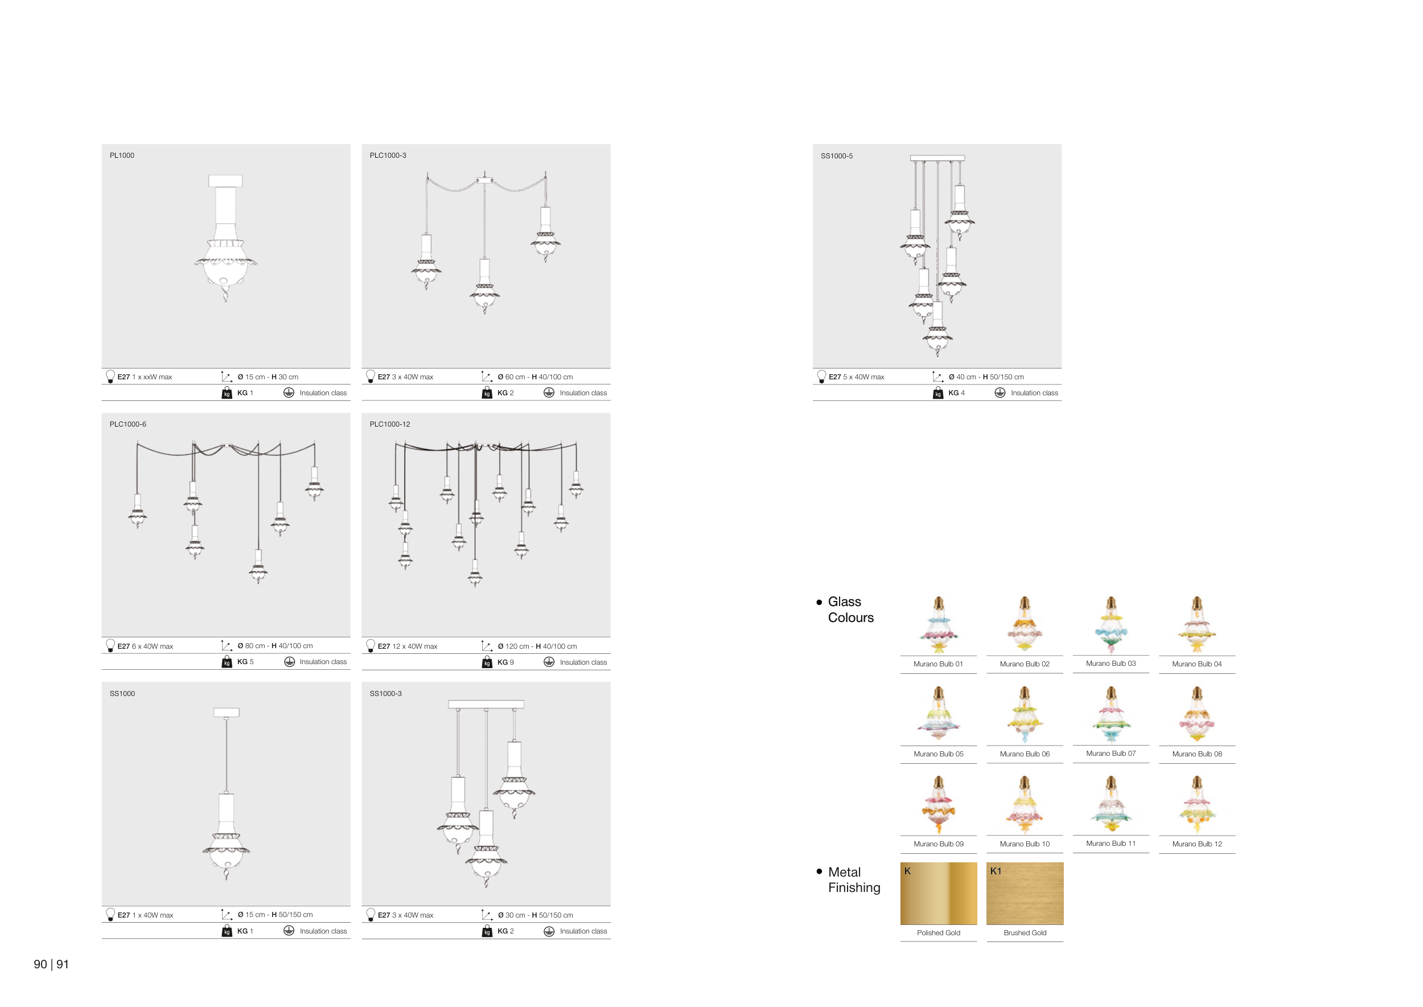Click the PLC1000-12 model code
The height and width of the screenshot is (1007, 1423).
tap(390, 424)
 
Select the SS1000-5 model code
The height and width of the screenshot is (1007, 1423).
tap(837, 156)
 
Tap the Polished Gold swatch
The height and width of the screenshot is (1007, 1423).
tap(939, 894)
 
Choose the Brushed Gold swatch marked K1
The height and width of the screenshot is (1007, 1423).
tap(1025, 894)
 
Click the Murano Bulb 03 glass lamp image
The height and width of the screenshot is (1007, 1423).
tap(1111, 625)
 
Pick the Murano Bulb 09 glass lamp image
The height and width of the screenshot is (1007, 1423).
tap(939, 805)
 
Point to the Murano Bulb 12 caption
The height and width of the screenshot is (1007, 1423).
tap(1197, 844)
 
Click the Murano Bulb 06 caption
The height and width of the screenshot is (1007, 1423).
tap(1025, 754)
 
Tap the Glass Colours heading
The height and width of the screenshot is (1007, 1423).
tap(850, 609)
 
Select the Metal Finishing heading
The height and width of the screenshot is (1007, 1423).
tap(854, 880)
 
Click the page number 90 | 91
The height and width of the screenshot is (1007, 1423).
tap(51, 964)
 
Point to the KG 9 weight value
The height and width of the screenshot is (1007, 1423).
tap(506, 662)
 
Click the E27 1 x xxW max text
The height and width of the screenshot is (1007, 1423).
tap(145, 377)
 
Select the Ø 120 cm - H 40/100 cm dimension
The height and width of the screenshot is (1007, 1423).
tap(537, 646)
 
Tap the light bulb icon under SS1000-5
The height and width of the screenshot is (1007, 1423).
tap(821, 376)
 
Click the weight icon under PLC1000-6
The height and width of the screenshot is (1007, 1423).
tap(227, 662)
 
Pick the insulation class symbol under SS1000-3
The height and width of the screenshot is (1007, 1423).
tap(549, 931)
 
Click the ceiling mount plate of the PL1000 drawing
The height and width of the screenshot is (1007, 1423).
tap(225, 181)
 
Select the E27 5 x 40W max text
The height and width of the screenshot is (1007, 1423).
tap(857, 377)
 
